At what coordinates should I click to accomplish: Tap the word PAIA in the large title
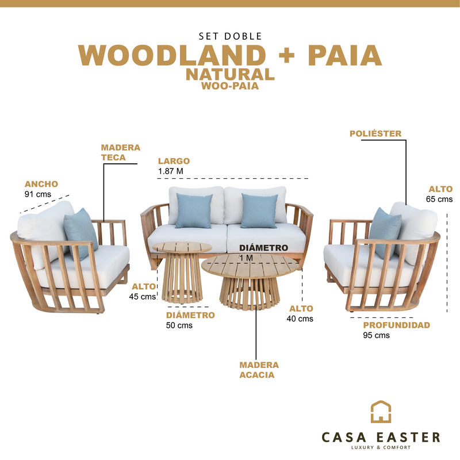(345, 55)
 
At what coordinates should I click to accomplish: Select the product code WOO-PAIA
(229, 87)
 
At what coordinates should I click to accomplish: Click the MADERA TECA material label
(120, 152)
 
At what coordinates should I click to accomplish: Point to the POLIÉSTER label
(375, 133)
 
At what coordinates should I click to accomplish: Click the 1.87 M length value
(171, 171)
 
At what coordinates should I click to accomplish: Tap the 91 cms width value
(37, 194)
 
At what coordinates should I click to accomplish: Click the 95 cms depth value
(376, 335)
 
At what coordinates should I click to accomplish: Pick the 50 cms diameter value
(179, 325)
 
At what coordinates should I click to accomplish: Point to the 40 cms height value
(301, 319)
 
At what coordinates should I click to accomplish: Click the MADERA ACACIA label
(259, 370)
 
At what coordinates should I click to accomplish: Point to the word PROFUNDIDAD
(397, 325)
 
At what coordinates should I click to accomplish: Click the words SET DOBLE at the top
(229, 36)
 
